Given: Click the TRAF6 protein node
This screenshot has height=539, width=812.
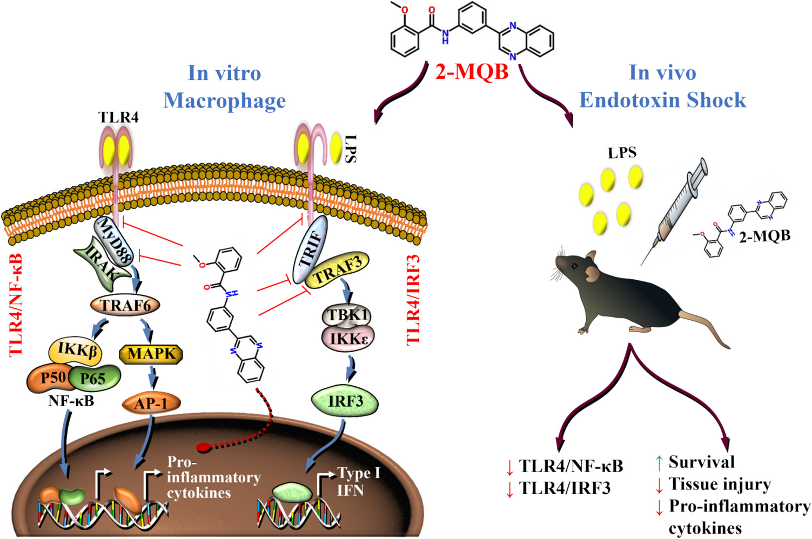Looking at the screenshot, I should coord(125,306).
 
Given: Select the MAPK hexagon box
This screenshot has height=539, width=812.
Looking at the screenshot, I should coord(151,354).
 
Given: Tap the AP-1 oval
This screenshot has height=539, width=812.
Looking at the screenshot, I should coord(151,403).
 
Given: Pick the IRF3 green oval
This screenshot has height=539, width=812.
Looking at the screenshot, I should coord(345,401).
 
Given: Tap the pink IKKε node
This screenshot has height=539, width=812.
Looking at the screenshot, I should coord(348,339).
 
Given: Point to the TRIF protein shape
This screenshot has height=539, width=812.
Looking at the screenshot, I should coord(311,248).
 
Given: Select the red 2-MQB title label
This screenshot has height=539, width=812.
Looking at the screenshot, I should coord(472,71).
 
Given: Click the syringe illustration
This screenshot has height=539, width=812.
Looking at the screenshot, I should coord(675,211).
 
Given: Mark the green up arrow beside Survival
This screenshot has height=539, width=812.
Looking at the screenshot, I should coord(659,462).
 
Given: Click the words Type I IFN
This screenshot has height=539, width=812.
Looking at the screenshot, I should coord(358,482).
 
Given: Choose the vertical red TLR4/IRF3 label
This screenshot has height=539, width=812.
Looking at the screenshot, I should coord(413,300).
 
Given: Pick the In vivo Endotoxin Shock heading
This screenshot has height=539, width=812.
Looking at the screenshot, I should coord(662,86).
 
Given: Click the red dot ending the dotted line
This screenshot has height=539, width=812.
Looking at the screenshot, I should coord(203,448).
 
